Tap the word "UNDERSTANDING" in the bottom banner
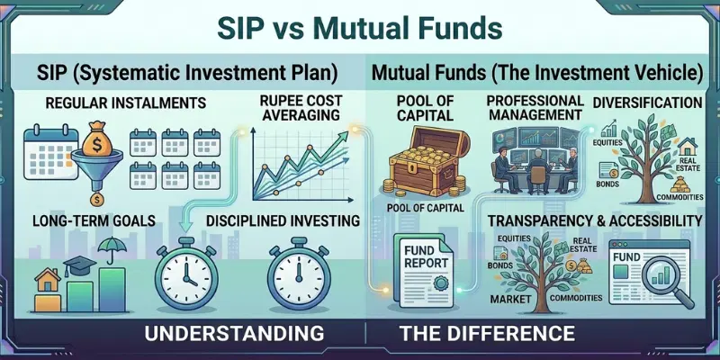point(227,334)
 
